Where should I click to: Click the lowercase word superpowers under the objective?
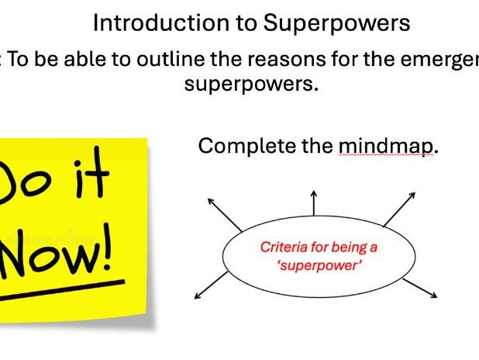(x=251, y=83)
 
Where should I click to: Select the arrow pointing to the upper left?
(x=220, y=211)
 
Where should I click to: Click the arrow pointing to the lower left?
(x=205, y=289)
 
